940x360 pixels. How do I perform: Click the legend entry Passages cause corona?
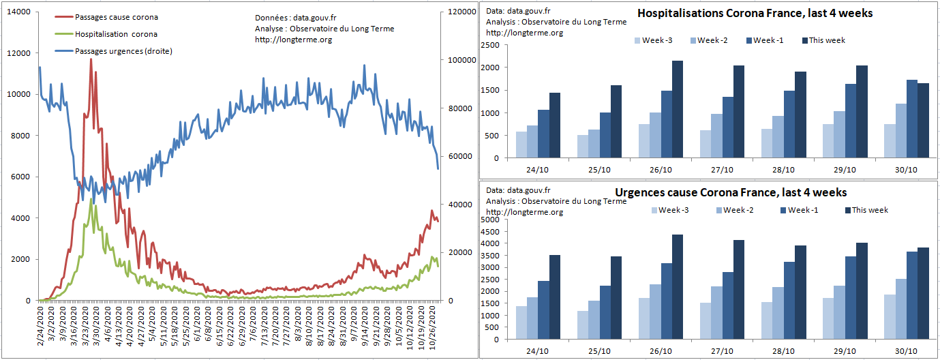(x=116, y=17)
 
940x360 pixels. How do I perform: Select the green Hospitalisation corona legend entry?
(x=116, y=34)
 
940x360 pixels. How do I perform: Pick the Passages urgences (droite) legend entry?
(x=123, y=51)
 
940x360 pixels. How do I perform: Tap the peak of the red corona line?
(x=91, y=60)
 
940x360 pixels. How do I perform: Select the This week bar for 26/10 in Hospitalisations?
(x=678, y=109)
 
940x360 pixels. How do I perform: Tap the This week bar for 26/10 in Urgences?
(x=678, y=286)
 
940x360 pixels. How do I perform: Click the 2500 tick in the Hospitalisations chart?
(x=490, y=45)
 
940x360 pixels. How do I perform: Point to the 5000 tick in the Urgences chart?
(x=490, y=220)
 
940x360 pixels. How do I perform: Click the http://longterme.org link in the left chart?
(x=294, y=40)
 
